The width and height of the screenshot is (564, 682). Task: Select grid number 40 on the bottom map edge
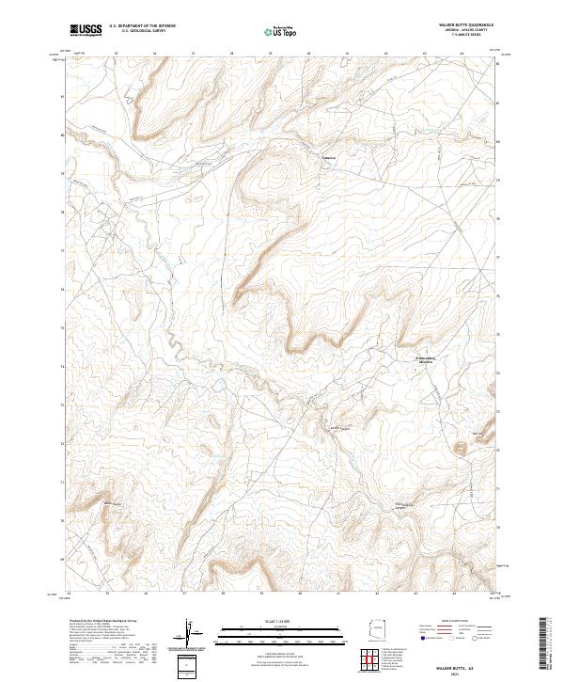tap(300, 594)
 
